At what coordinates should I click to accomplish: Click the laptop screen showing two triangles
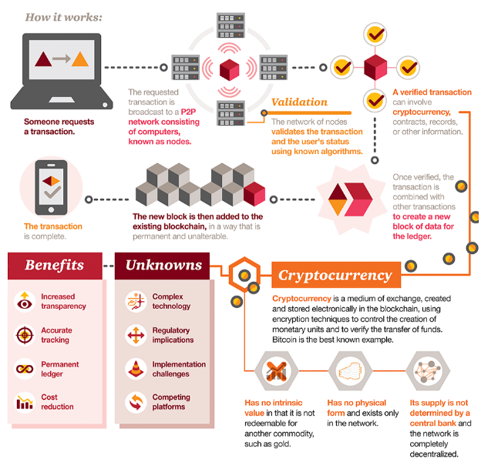(62, 59)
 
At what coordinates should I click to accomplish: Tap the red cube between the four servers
(229, 69)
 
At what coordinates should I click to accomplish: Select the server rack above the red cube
(230, 25)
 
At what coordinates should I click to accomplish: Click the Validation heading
(299, 102)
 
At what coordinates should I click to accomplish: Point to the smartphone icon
(51, 187)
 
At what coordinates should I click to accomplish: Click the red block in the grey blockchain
(254, 193)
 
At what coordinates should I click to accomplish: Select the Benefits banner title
(54, 266)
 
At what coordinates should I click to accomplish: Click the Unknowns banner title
(163, 266)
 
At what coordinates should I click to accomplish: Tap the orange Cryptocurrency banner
(336, 275)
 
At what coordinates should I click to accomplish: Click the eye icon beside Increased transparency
(25, 302)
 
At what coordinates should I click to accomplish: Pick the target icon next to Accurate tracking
(25, 335)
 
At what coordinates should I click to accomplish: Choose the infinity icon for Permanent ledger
(25, 369)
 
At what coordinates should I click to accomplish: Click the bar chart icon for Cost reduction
(25, 402)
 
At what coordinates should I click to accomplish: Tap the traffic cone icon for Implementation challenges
(136, 369)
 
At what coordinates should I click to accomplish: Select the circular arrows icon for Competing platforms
(136, 402)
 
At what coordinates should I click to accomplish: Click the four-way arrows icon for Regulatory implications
(136, 335)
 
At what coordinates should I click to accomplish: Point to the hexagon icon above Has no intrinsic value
(277, 370)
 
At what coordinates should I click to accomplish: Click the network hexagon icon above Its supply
(428, 370)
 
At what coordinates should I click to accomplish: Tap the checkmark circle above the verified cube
(375, 35)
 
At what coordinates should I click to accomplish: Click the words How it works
(63, 18)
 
